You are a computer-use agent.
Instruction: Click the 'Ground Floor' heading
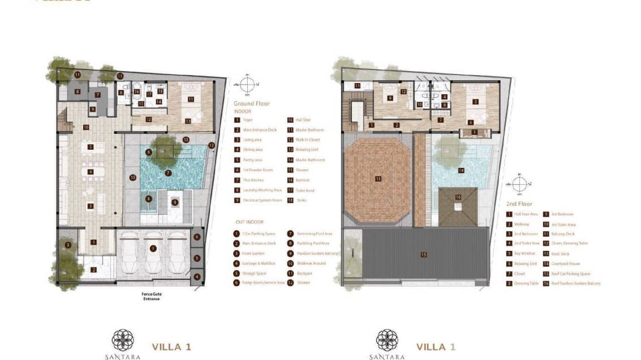tap(252, 103)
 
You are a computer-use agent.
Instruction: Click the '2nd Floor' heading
tap(519, 204)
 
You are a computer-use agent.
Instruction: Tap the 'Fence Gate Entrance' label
tap(151, 296)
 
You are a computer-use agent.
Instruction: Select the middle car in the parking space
tap(153, 253)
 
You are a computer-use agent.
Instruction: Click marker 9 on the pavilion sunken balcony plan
tap(175, 202)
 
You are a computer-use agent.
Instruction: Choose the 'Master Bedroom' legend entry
tap(308, 130)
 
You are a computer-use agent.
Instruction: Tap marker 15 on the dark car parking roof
tap(424, 254)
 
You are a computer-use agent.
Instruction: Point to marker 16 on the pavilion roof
tap(458, 197)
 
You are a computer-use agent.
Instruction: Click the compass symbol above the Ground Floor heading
tap(247, 85)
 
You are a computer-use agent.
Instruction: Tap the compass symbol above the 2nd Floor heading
tap(520, 184)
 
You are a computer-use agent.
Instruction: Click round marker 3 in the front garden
tap(68, 245)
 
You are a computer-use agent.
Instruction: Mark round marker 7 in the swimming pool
tap(168, 173)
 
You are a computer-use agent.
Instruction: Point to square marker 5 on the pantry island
tap(90, 147)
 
